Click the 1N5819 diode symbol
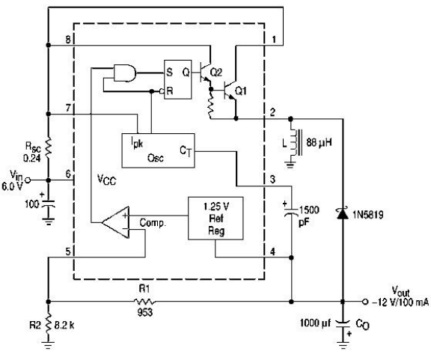(343, 214)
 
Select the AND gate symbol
(125, 73)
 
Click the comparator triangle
(116, 222)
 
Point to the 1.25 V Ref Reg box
(215, 218)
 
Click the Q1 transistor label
(241, 91)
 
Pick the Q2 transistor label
(216, 73)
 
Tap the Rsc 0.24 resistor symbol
(49, 147)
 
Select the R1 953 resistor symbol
(144, 302)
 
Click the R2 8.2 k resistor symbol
(49, 325)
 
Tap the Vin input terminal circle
(27, 180)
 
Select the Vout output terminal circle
(364, 302)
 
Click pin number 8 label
(67, 40)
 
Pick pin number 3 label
(272, 180)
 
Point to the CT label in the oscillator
(186, 150)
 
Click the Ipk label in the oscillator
(137, 144)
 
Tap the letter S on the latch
(169, 72)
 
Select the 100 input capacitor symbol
(49, 204)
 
